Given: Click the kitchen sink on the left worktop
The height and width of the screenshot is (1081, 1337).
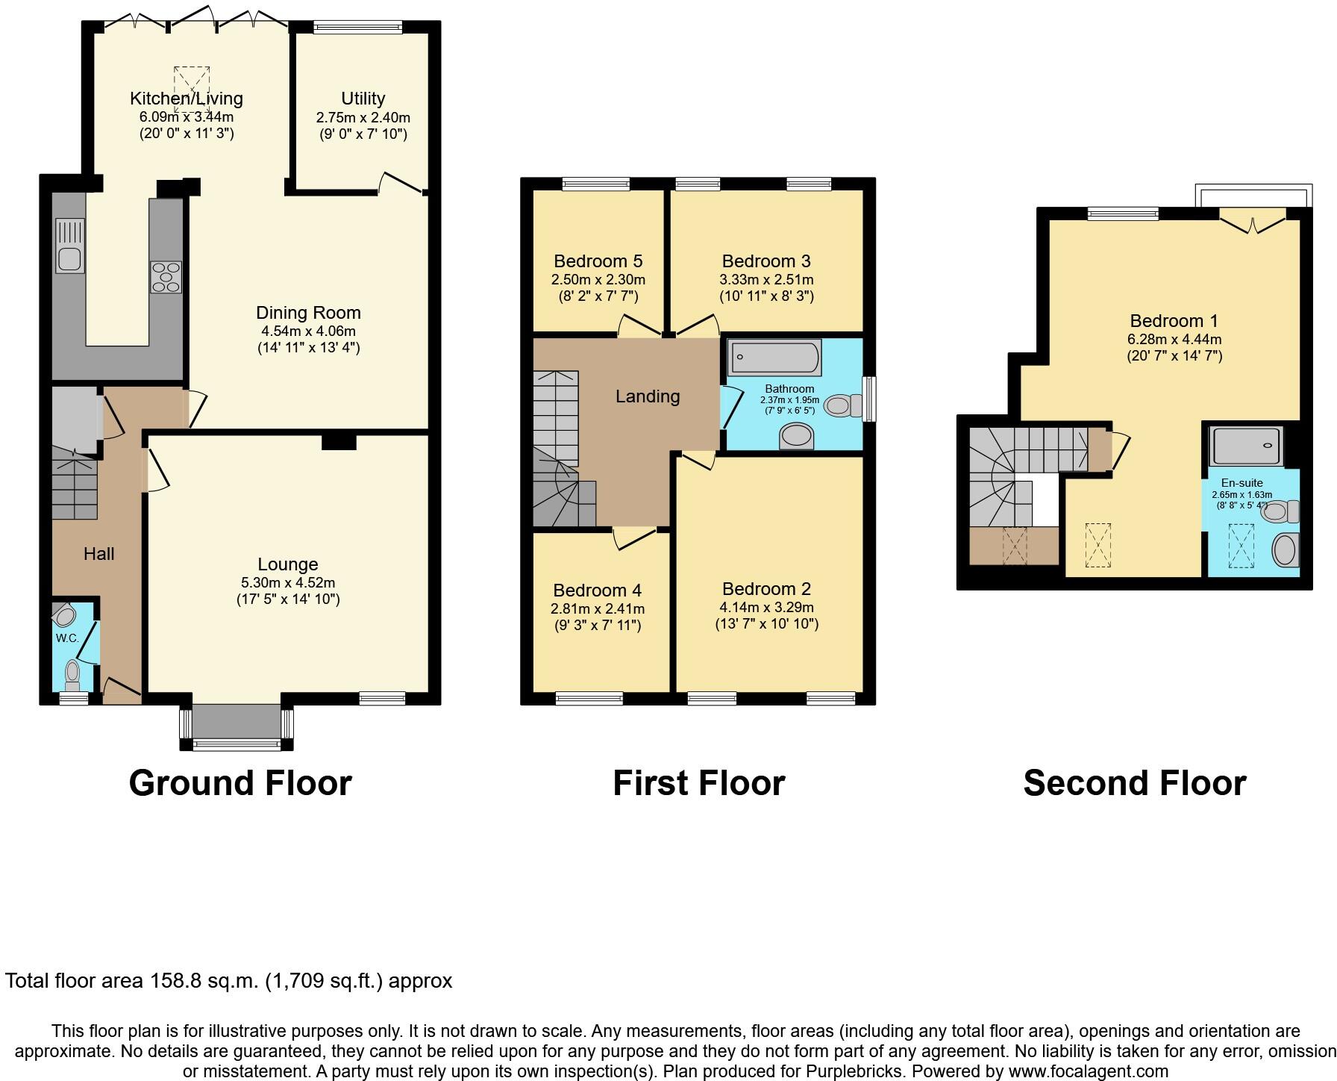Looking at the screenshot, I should [70, 246].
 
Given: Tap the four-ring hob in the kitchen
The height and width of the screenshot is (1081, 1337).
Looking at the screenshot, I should [166, 277].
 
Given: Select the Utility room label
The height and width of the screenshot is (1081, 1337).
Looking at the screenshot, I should [363, 99].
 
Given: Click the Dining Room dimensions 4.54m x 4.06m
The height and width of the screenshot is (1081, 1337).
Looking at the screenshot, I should [308, 331].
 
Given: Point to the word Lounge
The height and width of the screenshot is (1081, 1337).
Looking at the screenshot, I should [288, 564].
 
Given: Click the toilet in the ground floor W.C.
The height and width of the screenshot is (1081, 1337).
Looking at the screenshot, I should [72, 674].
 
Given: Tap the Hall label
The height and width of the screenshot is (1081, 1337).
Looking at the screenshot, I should [98, 554].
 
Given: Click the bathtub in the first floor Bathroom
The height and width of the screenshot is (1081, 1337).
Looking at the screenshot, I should [774, 358].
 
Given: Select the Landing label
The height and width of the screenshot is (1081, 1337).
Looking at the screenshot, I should [647, 396].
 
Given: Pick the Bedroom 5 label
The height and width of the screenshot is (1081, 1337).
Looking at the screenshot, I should [598, 261].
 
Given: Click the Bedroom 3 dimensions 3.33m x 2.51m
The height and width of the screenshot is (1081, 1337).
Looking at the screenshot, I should [766, 280].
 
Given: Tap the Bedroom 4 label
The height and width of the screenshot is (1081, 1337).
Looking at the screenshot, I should [597, 591].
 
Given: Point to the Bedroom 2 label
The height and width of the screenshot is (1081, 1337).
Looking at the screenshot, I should [766, 589].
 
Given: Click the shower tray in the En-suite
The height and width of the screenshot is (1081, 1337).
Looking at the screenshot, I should [1247, 446].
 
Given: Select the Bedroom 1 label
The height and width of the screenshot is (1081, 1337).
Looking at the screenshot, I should [1174, 321].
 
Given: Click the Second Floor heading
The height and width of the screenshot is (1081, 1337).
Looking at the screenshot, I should [1134, 783].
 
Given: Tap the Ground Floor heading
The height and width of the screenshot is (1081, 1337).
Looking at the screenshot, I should [239, 783].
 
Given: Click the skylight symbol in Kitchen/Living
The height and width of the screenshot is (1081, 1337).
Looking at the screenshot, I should [192, 88].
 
